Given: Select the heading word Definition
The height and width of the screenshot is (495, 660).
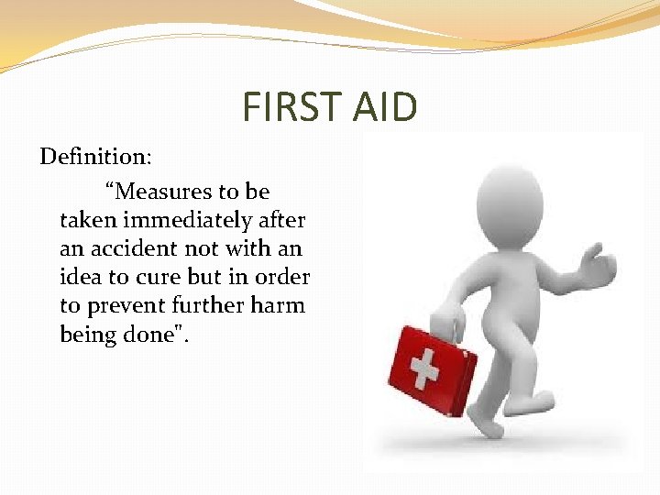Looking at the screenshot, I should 94,157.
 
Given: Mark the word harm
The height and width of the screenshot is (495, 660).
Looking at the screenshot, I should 276,305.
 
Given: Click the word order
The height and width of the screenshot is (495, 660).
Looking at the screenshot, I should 282,277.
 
